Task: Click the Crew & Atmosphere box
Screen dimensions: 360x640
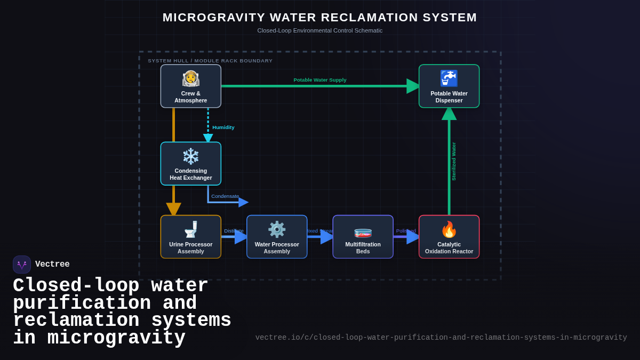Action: [x=190, y=86]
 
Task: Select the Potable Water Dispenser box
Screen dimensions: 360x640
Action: [x=449, y=86]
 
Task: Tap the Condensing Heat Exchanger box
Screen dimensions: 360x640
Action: [x=190, y=164]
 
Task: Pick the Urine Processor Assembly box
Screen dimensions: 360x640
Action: [x=190, y=237]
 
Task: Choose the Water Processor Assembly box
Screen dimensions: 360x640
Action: [x=277, y=237]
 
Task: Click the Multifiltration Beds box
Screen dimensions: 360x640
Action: [x=363, y=237]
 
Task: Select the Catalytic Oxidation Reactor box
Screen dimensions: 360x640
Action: [x=449, y=237]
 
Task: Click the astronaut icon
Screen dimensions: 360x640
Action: [x=190, y=78]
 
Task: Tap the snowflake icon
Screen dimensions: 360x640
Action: [x=190, y=156]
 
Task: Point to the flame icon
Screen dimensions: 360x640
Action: [x=449, y=229]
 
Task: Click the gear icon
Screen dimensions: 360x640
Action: [x=277, y=229]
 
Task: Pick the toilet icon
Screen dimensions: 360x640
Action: [x=190, y=229]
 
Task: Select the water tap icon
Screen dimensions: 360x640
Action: [x=449, y=78]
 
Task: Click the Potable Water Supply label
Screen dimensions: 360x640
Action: [x=319, y=80]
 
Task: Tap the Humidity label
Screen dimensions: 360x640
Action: [x=223, y=127]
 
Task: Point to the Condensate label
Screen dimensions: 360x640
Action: [x=225, y=196]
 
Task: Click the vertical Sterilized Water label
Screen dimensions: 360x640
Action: [x=454, y=161]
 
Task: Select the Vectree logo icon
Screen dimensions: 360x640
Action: [x=22, y=265]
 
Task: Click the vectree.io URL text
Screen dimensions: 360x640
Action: [x=441, y=338]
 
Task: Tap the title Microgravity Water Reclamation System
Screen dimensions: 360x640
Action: [x=319, y=18]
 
